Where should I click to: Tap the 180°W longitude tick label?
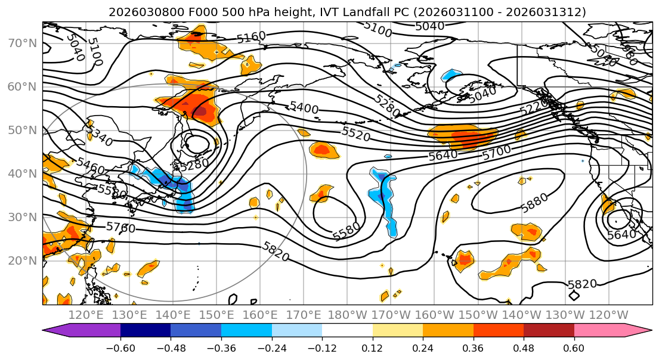(x=348, y=315)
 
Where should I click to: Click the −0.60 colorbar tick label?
(x=120, y=347)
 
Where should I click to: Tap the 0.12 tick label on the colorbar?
(x=373, y=347)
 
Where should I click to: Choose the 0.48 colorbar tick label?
(x=524, y=347)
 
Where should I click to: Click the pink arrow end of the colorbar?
(x=644, y=331)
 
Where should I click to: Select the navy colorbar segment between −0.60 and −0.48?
(x=146, y=331)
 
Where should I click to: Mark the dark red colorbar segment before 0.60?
(x=549, y=331)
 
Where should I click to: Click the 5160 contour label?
(x=251, y=38)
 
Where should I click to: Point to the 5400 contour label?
(x=304, y=108)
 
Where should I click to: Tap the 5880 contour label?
(x=534, y=203)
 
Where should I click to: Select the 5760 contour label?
(x=120, y=227)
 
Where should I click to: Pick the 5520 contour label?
(x=356, y=134)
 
